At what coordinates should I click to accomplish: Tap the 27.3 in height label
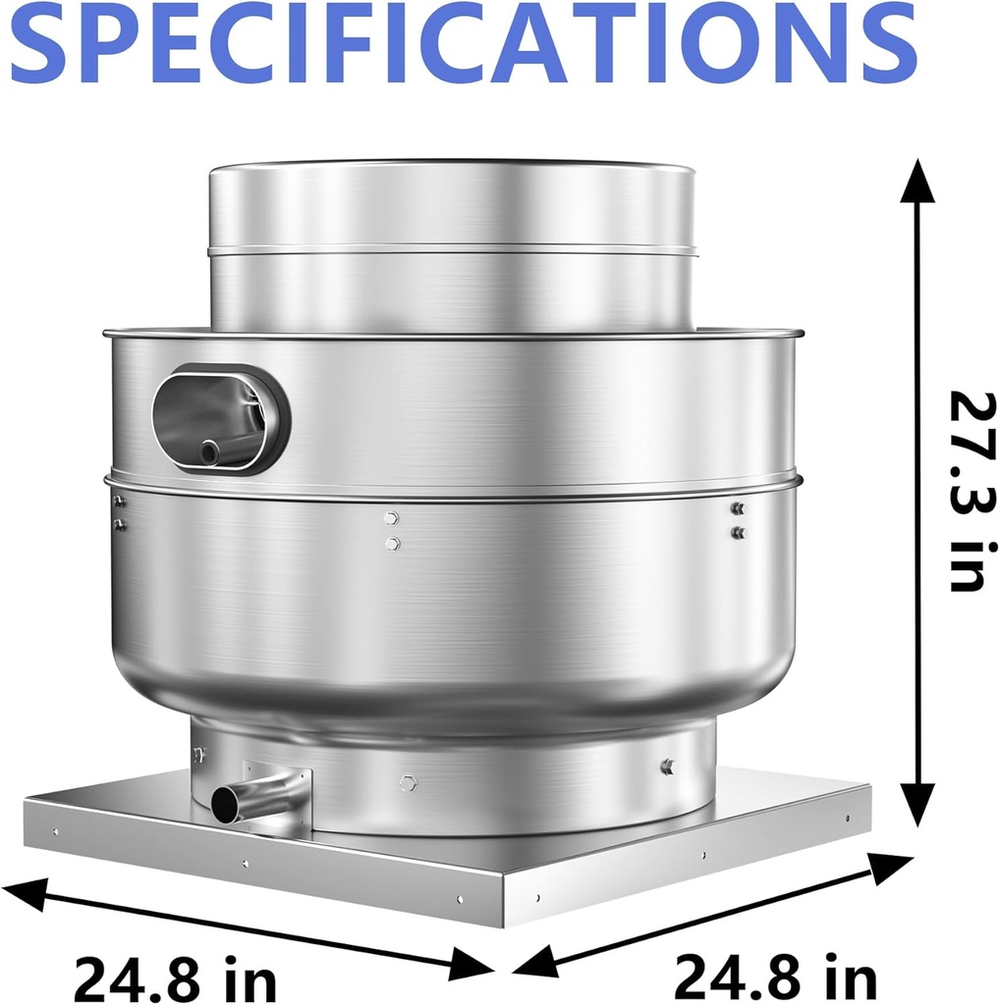[967, 490]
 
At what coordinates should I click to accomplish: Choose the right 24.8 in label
[775, 978]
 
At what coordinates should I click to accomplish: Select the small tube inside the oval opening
[209, 452]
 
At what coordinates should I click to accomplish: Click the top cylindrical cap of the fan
[452, 245]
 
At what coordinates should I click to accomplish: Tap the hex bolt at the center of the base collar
[408, 782]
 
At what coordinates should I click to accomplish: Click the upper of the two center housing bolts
[392, 517]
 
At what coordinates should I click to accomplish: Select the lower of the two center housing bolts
[392, 543]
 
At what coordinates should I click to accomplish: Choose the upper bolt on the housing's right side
[738, 508]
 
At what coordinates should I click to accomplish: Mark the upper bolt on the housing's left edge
[120, 502]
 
